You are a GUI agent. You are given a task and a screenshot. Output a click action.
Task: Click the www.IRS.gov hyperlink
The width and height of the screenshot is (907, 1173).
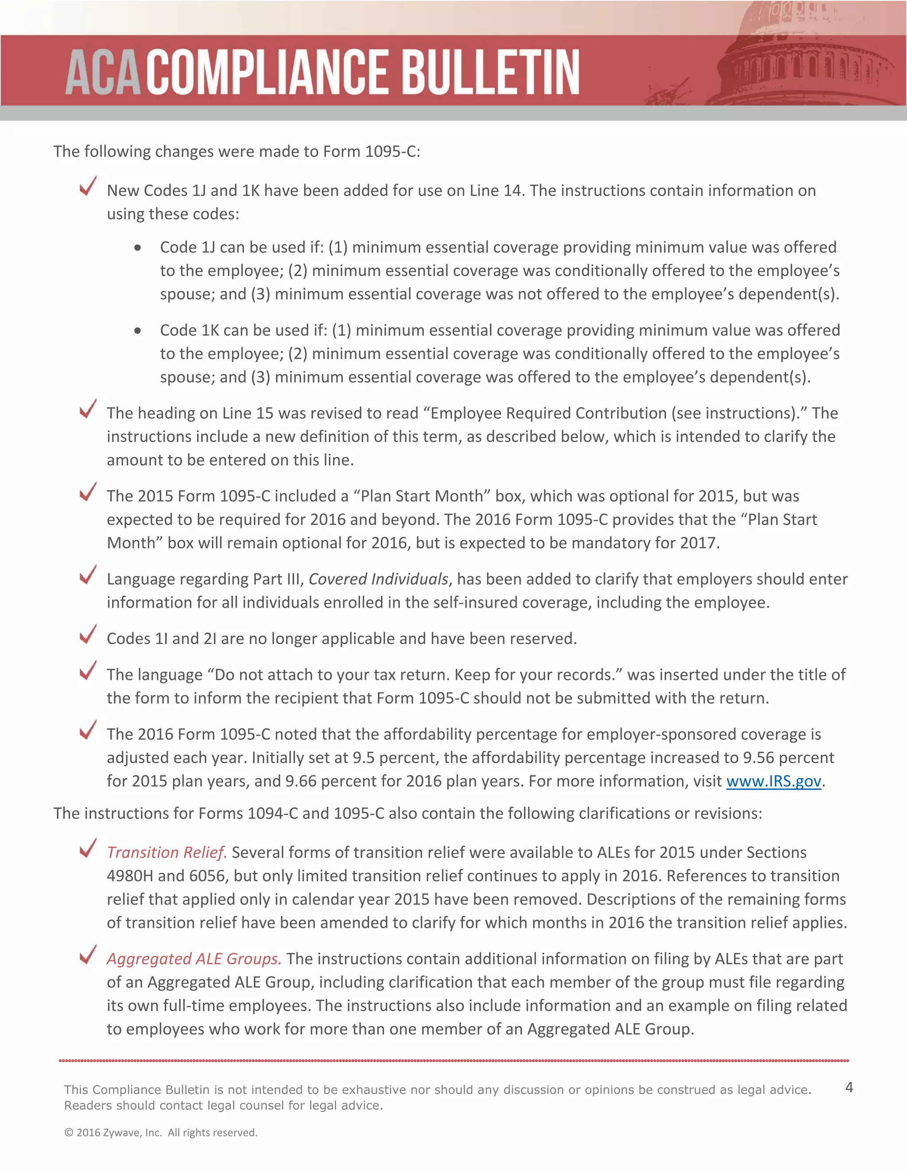click(773, 781)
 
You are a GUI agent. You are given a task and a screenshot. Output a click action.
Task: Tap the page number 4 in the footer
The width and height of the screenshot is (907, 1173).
click(849, 1087)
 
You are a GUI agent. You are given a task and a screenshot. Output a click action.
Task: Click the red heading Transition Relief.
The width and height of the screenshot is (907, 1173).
click(167, 853)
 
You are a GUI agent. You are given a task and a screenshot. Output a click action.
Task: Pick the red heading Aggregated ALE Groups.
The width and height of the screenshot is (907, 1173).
click(194, 959)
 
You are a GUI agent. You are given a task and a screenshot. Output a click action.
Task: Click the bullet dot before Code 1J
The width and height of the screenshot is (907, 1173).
click(138, 247)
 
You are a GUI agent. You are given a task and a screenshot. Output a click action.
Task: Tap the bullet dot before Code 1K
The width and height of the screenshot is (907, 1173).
click(138, 331)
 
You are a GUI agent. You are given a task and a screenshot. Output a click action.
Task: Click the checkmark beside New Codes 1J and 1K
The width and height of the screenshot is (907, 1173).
click(88, 186)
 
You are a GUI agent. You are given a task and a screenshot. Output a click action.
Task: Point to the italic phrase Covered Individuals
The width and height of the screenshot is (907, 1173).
click(378, 579)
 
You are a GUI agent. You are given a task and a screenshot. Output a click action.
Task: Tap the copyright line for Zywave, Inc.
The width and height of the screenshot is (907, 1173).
click(161, 1133)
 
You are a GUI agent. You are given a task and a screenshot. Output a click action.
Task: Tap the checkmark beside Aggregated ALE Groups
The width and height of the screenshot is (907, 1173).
click(88, 954)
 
